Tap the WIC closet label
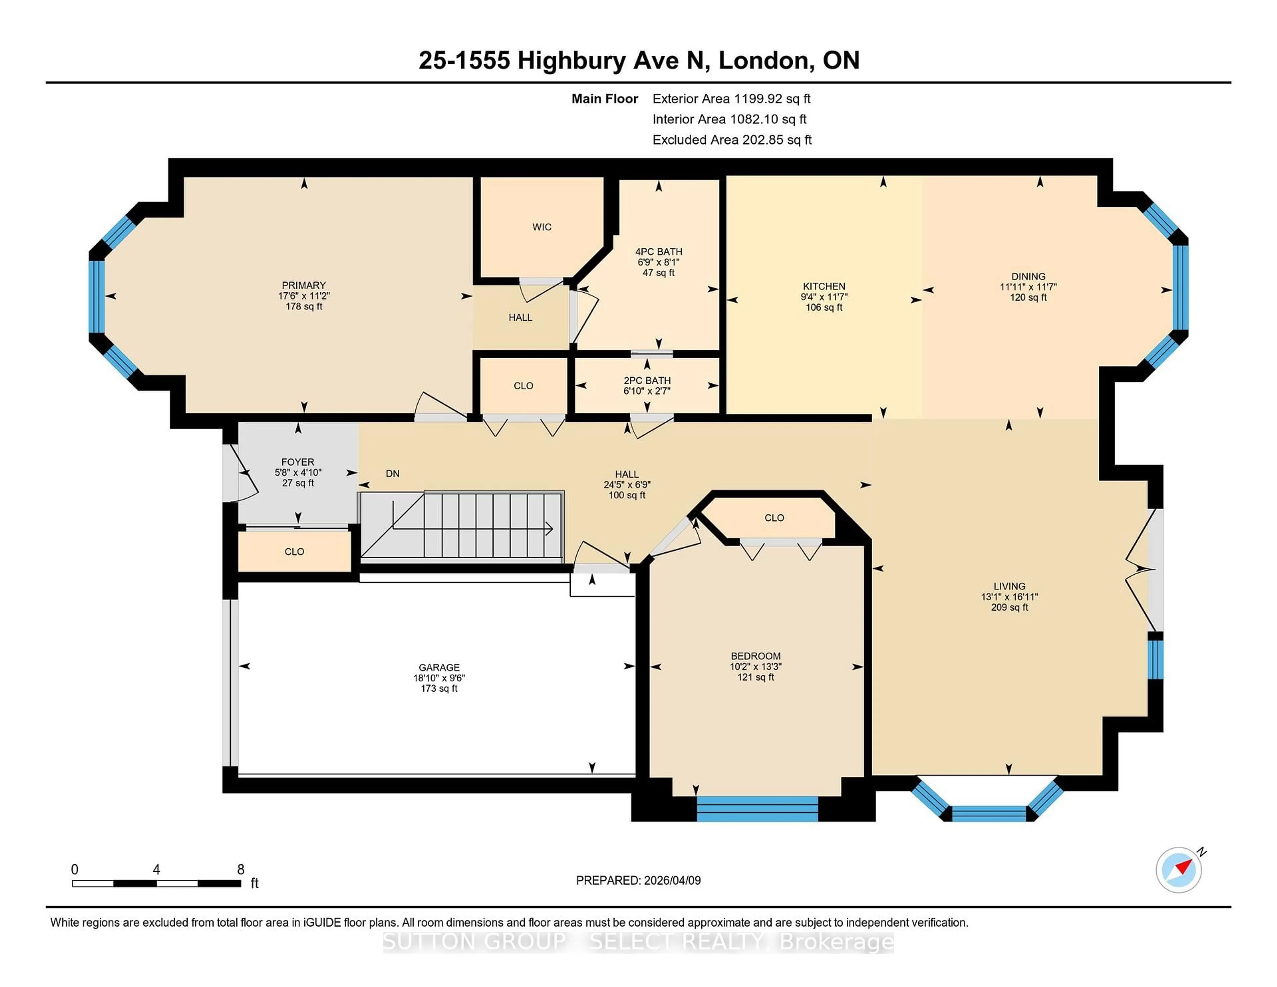[x=541, y=227]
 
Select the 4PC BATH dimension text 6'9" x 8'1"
[x=658, y=262]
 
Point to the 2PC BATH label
[x=647, y=380]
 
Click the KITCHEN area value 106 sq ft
[x=823, y=307]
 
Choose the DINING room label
[x=1028, y=276]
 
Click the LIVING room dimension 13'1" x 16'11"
[x=1009, y=596]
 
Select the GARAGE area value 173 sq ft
[x=439, y=688]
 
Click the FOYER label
[x=298, y=462]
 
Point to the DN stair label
[x=392, y=474]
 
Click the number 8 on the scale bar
[x=240, y=870]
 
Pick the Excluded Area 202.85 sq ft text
[x=732, y=140]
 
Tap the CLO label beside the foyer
[x=294, y=551]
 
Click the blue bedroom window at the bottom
[x=757, y=809]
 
